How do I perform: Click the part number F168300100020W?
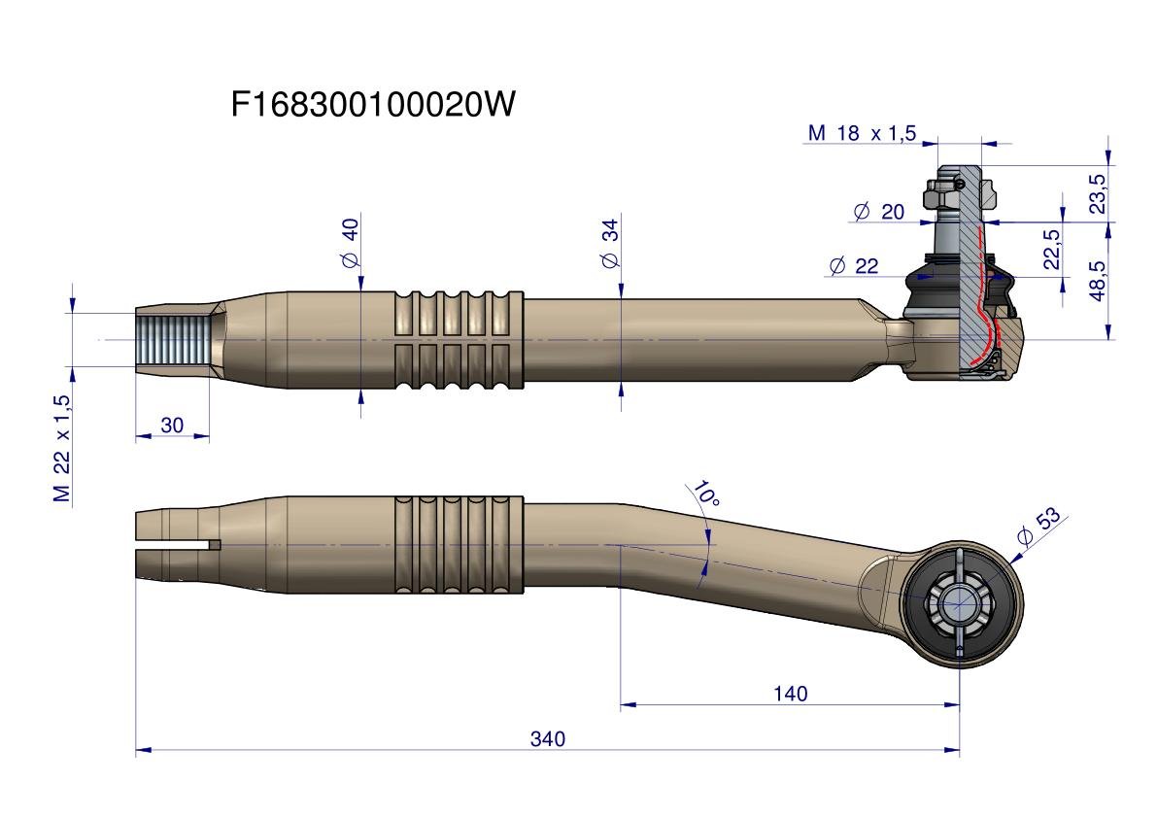(373, 104)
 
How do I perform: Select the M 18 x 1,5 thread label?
(862, 133)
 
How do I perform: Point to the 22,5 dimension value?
(1051, 250)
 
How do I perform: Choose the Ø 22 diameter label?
(854, 266)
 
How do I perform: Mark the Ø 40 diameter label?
(351, 243)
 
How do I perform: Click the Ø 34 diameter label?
(610, 244)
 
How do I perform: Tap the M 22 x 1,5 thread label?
(62, 448)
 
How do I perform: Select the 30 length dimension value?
(172, 426)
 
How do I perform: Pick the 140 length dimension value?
(790, 694)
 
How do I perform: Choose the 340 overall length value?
(547, 739)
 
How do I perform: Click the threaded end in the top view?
(173, 339)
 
